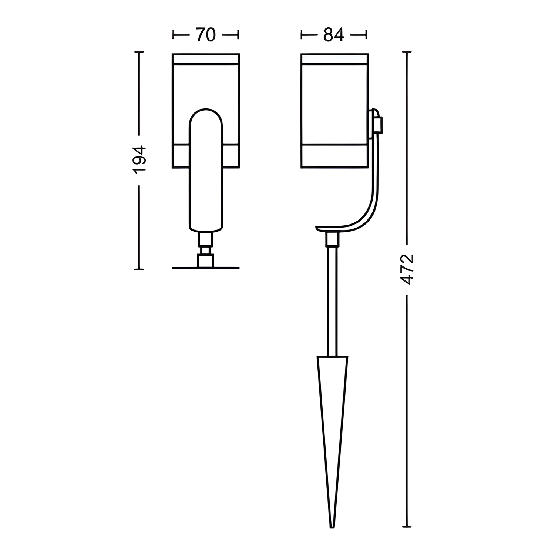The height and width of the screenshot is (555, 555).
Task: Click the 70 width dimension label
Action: coord(205,35)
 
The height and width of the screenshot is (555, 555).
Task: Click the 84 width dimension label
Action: coord(334,35)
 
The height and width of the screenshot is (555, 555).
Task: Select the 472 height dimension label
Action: coord(407,269)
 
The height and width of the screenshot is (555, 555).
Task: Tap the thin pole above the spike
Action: coord(332,301)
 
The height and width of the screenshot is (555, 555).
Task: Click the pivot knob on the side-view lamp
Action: coord(376,123)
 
